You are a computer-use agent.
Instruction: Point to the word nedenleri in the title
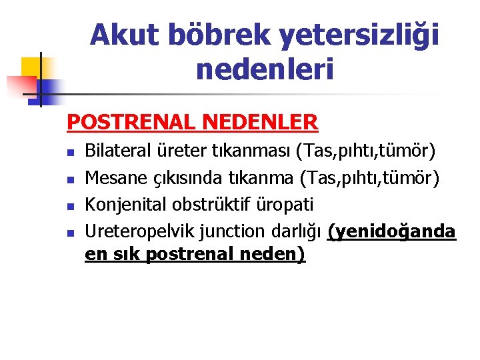[x=265, y=69]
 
